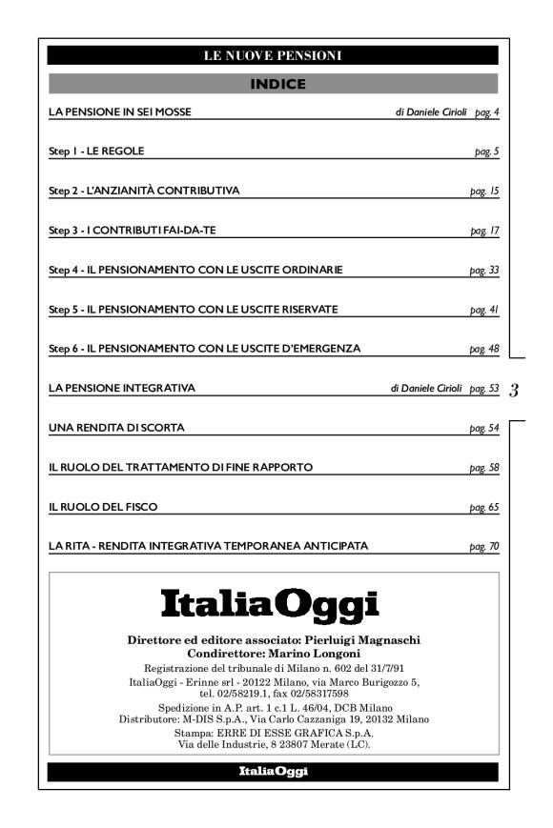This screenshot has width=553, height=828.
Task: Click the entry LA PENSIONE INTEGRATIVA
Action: coord(122,389)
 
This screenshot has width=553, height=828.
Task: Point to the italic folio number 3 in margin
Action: coord(514,390)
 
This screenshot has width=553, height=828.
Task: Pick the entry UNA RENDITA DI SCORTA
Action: coord(116,428)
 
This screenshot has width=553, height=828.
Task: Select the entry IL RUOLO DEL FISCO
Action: coord(103,507)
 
